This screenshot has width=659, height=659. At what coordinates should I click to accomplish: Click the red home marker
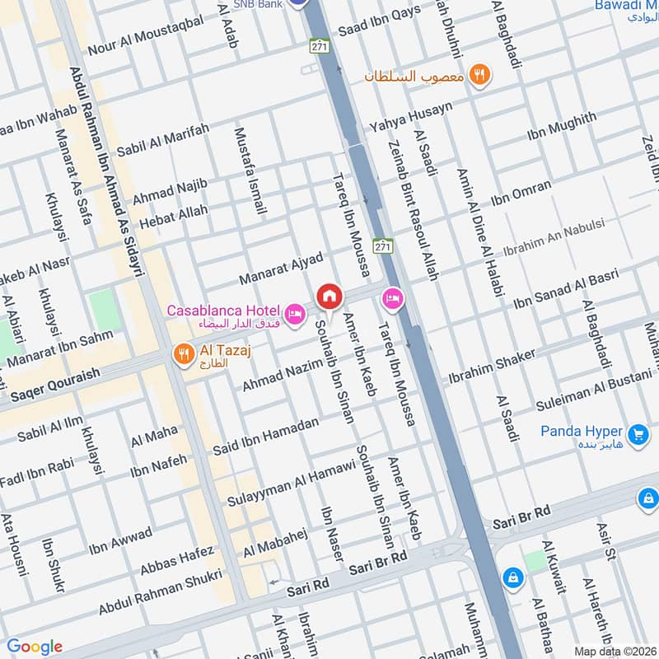(329, 295)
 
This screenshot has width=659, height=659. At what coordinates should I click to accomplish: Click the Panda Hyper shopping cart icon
(637, 433)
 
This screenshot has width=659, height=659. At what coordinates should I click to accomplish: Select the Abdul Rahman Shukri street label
(161, 592)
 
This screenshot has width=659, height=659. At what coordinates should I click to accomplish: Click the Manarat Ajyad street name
(280, 269)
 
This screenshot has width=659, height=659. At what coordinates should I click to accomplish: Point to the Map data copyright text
(615, 651)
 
